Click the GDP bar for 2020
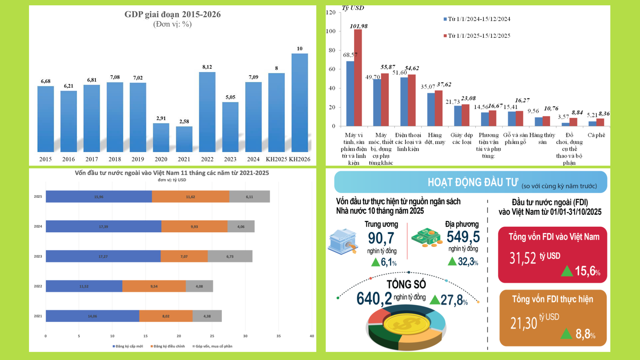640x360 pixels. click(x=161, y=137)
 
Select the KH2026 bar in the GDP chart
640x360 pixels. click(x=300, y=103)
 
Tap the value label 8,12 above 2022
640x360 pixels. click(x=207, y=67)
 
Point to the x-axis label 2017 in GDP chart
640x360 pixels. click(x=92, y=159)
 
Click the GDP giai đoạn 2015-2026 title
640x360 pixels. click(x=172, y=14)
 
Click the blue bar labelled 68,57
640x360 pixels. click(x=350, y=93)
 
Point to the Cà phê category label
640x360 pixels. click(x=596, y=135)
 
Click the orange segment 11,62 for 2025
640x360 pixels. click(x=190, y=197)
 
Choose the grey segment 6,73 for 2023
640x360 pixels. click(x=230, y=256)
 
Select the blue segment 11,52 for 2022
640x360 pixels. click(x=84, y=286)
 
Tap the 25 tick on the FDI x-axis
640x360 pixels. click(x=212, y=336)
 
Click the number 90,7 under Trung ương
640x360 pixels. click(x=381, y=238)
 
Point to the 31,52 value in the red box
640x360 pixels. click(x=522, y=258)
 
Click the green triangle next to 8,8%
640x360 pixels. click(x=566, y=334)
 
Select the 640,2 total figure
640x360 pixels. click(x=374, y=299)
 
